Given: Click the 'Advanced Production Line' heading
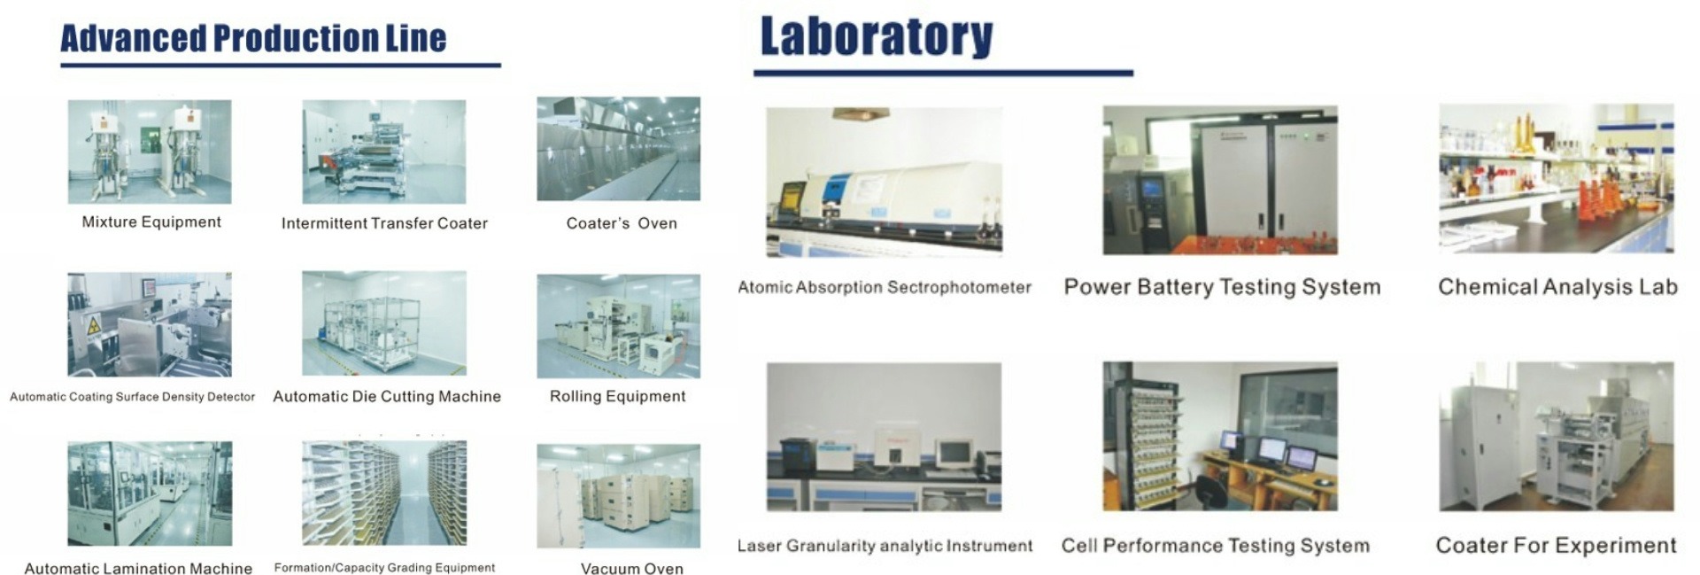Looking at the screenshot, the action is pos(253,38).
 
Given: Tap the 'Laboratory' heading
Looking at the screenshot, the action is pos(877,36).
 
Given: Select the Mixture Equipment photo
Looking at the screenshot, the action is pos(150,152).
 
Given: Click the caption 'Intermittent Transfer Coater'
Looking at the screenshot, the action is pos(384,223).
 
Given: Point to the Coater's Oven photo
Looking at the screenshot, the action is pos(618,149).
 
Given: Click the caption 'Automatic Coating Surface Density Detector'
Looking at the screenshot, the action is pos(132,397).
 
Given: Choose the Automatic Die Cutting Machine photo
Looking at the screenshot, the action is pos(384,323).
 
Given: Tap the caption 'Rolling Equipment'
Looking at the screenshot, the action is pos(618,396).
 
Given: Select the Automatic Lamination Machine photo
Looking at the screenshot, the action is pos(150,493).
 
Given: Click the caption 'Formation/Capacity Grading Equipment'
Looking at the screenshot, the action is pos(384,568).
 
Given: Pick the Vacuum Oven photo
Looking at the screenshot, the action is pos(618,496).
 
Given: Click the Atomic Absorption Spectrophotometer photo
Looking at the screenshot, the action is pos(885,183).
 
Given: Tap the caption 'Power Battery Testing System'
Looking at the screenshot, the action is pos(1222,287).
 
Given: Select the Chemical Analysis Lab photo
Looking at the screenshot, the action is pos(1557,179).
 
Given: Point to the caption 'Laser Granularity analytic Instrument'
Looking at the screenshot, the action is pos(885,546).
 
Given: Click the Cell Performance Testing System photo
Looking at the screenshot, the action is pos(1220,436).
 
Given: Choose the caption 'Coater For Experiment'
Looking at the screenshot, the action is pos(1557,545).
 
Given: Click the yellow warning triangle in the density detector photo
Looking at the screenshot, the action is pos(93,326).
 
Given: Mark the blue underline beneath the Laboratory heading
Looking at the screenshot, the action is pos(943,73).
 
